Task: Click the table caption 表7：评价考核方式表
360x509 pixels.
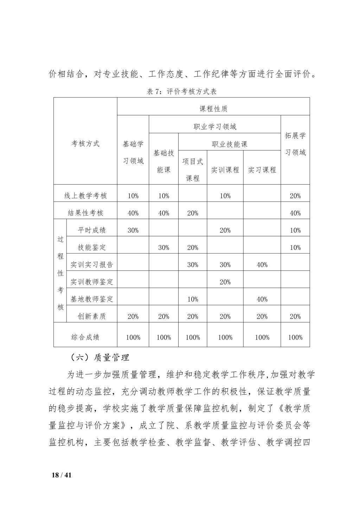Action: tap(181, 92)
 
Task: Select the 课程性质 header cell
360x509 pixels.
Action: tap(213, 109)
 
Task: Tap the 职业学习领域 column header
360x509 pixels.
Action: tap(215, 127)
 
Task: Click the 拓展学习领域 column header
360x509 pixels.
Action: tap(295, 144)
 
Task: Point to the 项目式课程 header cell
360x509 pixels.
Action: tap(193, 170)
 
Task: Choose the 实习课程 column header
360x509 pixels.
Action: tap(262, 170)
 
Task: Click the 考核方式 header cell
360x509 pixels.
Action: tap(85, 143)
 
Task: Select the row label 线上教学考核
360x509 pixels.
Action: tap(85, 196)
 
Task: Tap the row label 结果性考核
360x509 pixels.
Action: tap(85, 213)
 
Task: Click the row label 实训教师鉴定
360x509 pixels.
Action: tap(92, 282)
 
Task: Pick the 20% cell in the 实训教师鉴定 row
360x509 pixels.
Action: tap(225, 282)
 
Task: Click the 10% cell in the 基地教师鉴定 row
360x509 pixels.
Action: tap(193, 299)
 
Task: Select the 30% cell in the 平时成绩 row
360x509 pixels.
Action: tap(133, 230)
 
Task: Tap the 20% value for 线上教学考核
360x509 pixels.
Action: tap(295, 196)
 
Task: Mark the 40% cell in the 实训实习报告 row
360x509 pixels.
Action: tap(262, 265)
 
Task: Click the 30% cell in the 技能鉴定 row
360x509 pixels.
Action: tap(163, 247)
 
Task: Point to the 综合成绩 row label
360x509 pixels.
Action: tap(85, 337)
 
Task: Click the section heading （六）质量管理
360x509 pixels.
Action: tap(100, 358)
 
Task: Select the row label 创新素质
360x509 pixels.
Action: tap(92, 316)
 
